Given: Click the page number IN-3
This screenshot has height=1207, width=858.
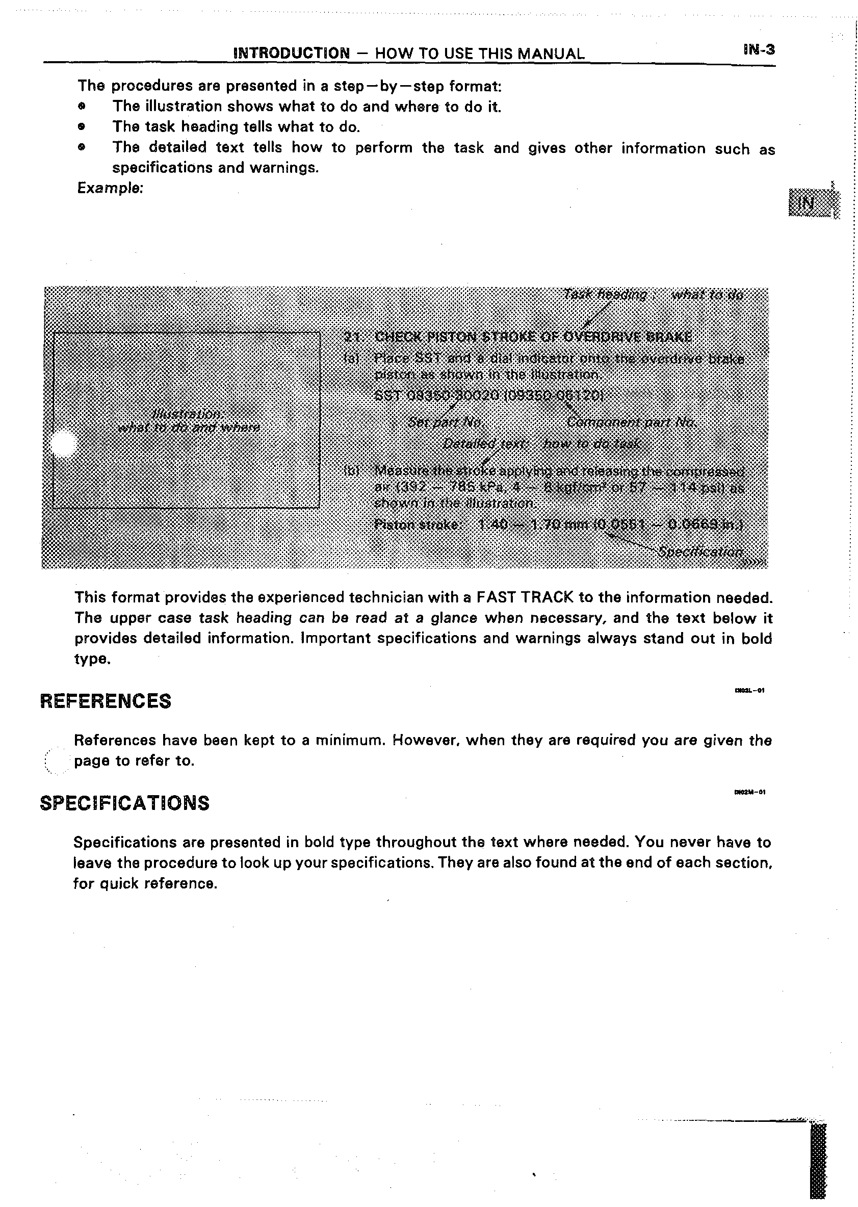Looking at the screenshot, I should [x=759, y=50].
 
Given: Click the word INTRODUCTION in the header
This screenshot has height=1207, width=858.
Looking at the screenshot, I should [x=292, y=54].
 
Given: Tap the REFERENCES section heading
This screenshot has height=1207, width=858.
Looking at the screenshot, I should [x=106, y=701].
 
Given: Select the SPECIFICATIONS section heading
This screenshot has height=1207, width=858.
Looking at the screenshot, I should [x=125, y=803].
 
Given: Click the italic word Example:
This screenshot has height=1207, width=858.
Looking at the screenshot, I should [x=110, y=188].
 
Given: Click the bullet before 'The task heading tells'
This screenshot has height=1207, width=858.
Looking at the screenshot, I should [x=81, y=127].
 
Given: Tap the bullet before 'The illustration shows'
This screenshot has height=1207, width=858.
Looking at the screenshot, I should [x=81, y=107].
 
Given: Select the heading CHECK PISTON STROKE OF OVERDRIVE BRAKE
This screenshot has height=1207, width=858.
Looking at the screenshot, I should [x=533, y=337].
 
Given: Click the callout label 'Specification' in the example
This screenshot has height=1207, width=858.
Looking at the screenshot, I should [x=700, y=552].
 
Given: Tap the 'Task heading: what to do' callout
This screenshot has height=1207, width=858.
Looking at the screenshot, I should [x=654, y=295].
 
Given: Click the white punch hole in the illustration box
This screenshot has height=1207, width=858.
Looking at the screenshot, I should [x=62, y=444].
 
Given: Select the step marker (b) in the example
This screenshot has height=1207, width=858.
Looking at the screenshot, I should [x=351, y=470].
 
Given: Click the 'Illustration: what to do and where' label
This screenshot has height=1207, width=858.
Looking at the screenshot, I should [x=188, y=421].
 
